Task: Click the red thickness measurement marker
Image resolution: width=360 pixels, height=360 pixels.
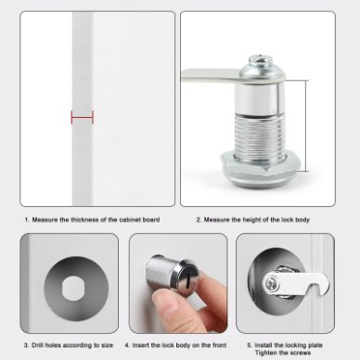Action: coord(83,117)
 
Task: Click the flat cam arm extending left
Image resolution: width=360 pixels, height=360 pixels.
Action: coord(212,76)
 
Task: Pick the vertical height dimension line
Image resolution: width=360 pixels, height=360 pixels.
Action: coord(307,126)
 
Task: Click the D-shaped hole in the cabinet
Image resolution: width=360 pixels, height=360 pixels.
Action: coord(73,288)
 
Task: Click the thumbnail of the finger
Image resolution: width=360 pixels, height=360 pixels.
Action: coord(165,302)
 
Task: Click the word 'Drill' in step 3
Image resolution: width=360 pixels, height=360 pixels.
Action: coord(38,345)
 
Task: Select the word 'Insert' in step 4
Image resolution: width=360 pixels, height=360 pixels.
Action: coord(141,345)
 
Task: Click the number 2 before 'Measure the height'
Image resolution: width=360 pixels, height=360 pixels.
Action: coord(199,220)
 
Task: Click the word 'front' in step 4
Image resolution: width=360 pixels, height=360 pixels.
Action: coord(220,345)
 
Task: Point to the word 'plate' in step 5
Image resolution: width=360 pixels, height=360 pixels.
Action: coord(315,345)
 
